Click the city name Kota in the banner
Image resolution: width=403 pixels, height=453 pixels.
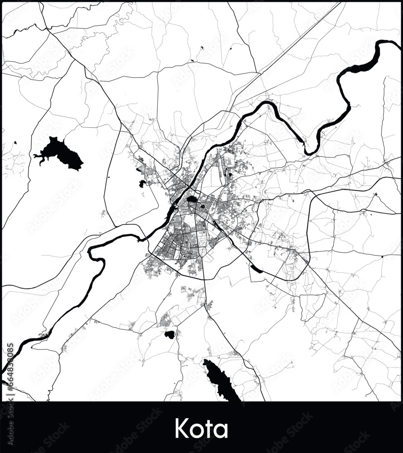click(x=201, y=428)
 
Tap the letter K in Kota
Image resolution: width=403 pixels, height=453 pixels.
click(x=182, y=428)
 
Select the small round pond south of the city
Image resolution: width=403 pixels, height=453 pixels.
click(x=170, y=335)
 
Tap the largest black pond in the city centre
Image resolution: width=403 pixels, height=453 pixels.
click(x=192, y=199)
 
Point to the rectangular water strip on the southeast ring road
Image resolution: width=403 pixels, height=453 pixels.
click(x=256, y=270)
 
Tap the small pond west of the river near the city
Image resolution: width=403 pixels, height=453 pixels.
click(x=142, y=183)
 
